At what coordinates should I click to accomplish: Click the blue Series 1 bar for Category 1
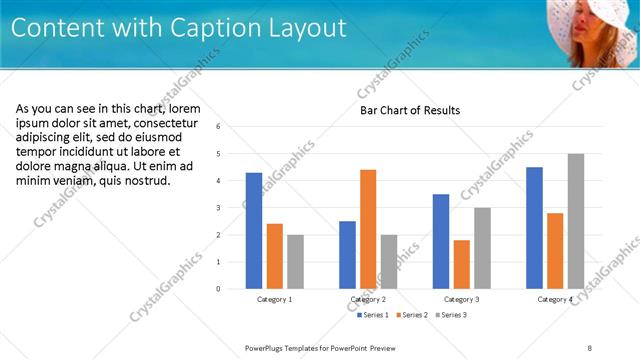(x=254, y=231)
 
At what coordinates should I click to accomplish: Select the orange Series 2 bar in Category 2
(x=368, y=229)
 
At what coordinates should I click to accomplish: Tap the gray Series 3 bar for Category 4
(x=575, y=221)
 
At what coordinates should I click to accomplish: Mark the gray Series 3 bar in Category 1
(x=295, y=262)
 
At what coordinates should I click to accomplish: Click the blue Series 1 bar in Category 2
(x=347, y=255)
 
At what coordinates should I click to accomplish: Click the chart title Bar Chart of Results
(x=410, y=110)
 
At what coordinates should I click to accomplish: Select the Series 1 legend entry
(x=373, y=315)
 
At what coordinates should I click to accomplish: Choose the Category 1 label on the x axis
(x=275, y=299)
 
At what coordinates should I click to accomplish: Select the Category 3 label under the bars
(x=462, y=299)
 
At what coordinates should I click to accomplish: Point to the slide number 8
(x=590, y=347)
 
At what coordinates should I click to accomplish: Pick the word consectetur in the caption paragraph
(x=156, y=123)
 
